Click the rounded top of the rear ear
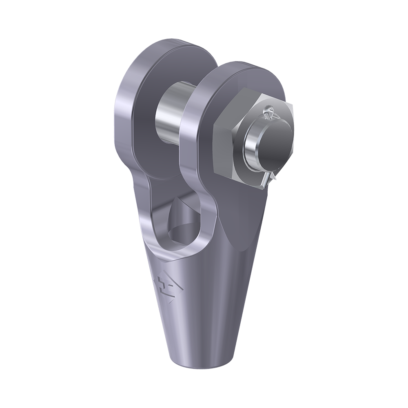[163, 45]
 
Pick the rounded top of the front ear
[245, 67]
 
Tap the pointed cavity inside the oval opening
[180, 212]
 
